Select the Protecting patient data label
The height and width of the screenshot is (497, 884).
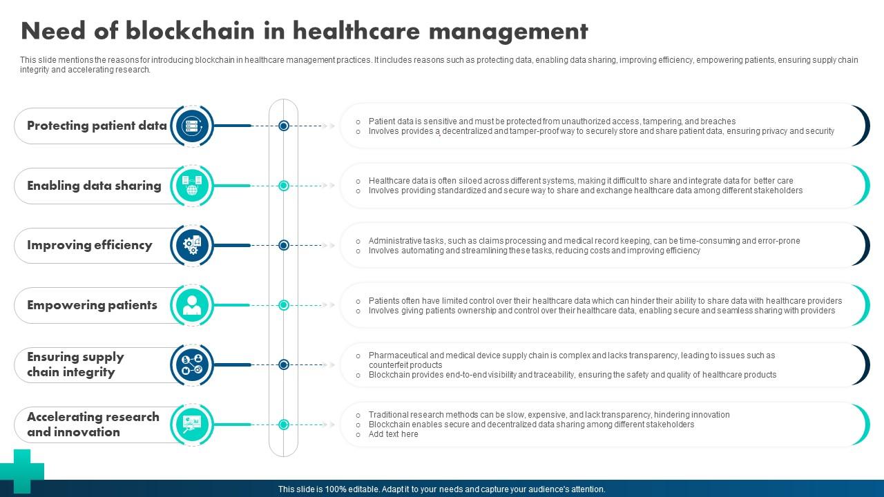click(x=97, y=126)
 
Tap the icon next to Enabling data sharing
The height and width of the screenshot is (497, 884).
click(x=191, y=186)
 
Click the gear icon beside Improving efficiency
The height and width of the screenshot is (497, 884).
click(x=191, y=245)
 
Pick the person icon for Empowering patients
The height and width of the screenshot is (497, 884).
click(x=191, y=305)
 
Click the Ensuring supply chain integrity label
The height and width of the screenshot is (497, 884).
click(x=75, y=364)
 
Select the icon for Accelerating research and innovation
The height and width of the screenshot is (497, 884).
click(x=191, y=425)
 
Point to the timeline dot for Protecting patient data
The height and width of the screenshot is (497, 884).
click(x=283, y=126)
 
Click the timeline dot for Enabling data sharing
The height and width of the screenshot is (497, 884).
click(x=283, y=186)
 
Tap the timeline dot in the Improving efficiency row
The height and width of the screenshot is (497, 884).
click(x=283, y=245)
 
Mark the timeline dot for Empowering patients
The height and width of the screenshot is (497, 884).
click(x=283, y=305)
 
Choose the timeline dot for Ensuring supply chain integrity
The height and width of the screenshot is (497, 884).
click(x=283, y=364)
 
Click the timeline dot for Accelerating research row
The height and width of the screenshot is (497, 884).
click(x=283, y=425)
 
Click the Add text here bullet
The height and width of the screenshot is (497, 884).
click(x=393, y=434)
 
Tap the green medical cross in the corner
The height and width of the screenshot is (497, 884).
click(x=21, y=471)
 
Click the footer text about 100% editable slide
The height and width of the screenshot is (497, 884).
click(x=442, y=489)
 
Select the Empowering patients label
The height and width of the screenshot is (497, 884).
click(x=92, y=305)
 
